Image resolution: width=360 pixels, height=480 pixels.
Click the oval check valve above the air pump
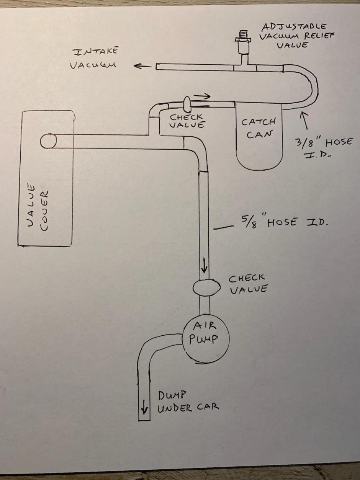pyautogui.click(x=206, y=287)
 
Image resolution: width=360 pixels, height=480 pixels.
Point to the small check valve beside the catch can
pyautogui.click(x=187, y=103)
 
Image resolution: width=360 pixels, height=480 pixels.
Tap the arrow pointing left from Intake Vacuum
pyautogui.click(x=142, y=66)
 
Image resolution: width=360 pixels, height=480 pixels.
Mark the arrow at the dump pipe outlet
pyautogui.click(x=144, y=410)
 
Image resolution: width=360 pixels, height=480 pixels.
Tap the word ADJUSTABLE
pyautogui.click(x=294, y=27)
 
